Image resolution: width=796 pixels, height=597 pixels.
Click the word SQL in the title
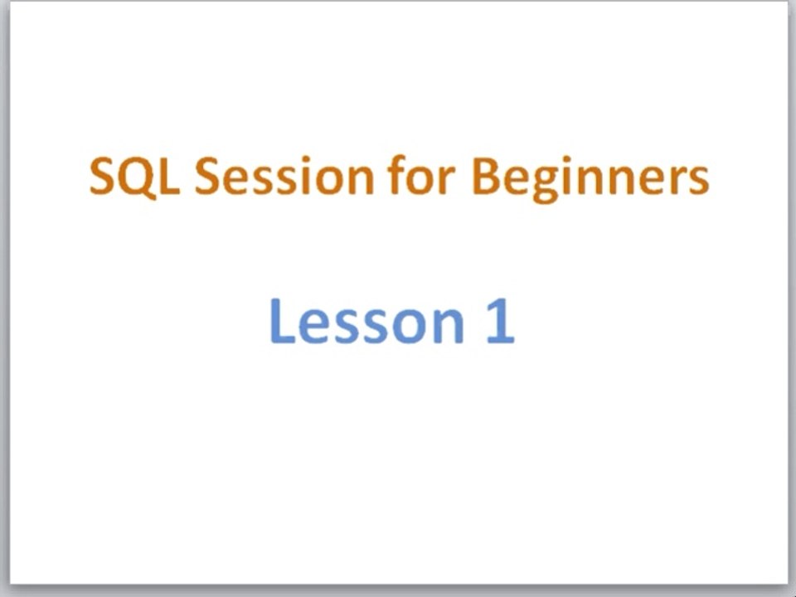click(134, 177)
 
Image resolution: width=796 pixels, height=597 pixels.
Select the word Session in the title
click(284, 176)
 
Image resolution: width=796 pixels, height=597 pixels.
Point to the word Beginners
click(590, 178)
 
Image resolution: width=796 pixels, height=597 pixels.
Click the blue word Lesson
click(366, 321)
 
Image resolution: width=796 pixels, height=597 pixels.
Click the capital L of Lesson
click(282, 321)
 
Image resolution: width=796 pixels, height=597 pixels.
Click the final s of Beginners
click(698, 180)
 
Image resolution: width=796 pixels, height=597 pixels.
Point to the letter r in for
click(447, 180)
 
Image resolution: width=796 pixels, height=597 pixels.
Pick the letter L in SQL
click(169, 176)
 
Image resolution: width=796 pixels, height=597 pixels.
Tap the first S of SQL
click(101, 176)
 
